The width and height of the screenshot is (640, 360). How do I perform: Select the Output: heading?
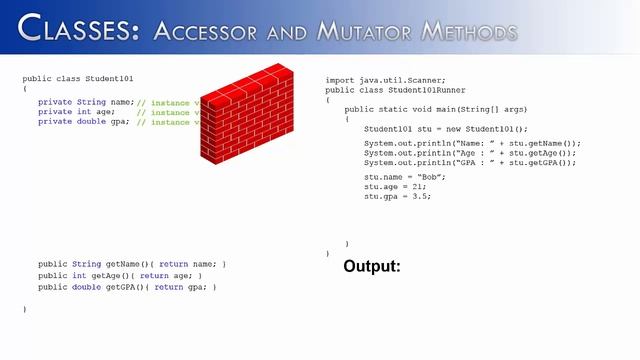[x=371, y=267]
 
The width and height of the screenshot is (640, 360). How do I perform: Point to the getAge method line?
[x=120, y=275]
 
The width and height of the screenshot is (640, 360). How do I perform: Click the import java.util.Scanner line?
[x=386, y=79]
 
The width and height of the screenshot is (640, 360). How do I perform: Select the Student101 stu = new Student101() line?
[x=445, y=129]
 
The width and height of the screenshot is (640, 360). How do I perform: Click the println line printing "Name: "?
[x=471, y=143]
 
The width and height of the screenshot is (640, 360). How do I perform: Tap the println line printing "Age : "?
[x=470, y=153]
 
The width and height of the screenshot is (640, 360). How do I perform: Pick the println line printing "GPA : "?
[x=470, y=162]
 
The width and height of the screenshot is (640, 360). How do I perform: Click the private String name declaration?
[x=86, y=102]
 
